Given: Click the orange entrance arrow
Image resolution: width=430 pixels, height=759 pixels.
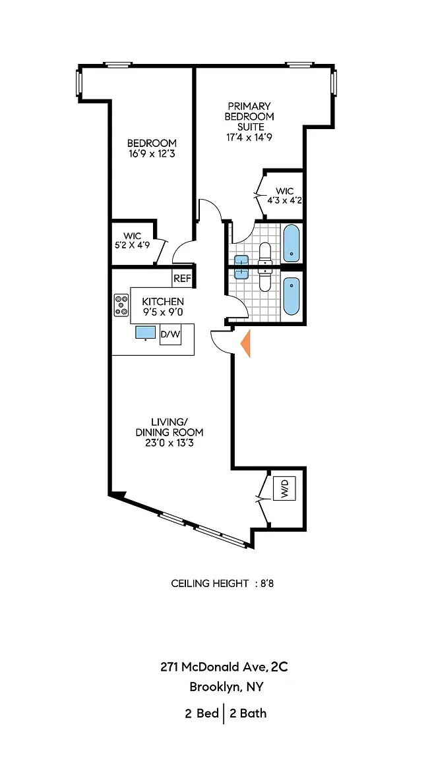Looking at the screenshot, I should click(x=245, y=345).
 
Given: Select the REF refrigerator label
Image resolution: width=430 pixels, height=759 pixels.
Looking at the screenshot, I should click(x=182, y=279).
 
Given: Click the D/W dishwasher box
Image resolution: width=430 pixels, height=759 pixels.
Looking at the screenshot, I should click(x=170, y=335).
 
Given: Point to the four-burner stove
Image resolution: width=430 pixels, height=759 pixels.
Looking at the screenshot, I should click(x=121, y=305).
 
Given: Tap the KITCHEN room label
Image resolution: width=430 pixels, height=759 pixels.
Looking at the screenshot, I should click(x=163, y=302).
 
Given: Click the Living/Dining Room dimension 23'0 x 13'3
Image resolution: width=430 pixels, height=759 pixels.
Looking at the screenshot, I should click(x=169, y=443).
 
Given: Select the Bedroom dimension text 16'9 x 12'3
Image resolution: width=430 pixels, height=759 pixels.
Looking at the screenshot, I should click(x=152, y=154).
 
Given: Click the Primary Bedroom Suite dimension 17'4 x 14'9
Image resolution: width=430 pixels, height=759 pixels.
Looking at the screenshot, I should click(x=249, y=138).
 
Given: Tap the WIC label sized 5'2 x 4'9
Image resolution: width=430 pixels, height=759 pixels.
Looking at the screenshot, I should click(x=133, y=245).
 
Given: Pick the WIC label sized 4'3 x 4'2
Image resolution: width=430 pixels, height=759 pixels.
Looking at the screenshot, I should click(x=285, y=200).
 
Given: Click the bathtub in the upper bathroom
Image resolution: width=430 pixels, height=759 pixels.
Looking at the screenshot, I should click(x=291, y=242).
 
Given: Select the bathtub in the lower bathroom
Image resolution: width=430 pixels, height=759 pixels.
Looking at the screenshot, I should click(x=291, y=296).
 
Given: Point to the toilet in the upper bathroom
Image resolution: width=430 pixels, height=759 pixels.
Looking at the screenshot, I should click(x=264, y=252).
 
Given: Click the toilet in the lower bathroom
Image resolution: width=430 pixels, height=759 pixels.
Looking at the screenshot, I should click(x=264, y=280).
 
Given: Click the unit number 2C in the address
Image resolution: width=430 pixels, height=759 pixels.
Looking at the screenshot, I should click(x=279, y=667).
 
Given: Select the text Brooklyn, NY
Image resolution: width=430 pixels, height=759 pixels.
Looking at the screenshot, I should click(x=226, y=687).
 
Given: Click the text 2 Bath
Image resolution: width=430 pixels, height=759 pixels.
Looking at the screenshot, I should click(x=248, y=713).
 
